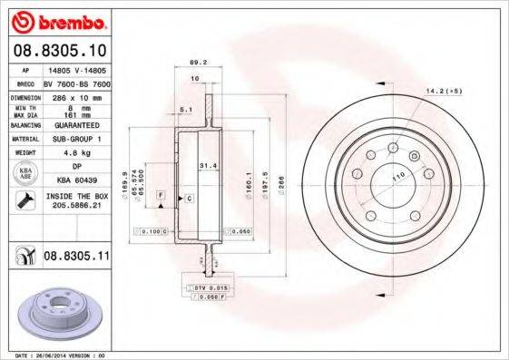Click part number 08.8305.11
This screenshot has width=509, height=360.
[x=76, y=258]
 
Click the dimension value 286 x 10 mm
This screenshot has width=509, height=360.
[x=76, y=95]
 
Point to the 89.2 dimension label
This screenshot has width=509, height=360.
[x=193, y=63]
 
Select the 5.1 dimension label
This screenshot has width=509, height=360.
[x=185, y=110]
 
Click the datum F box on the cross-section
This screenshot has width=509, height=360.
[x=161, y=196]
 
